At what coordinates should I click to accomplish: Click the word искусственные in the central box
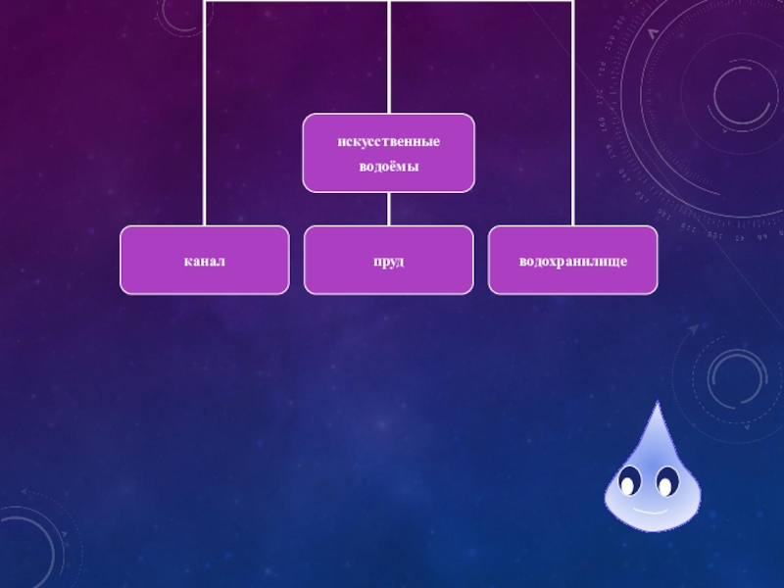pyautogui.click(x=388, y=142)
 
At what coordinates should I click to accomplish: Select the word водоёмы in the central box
pyautogui.click(x=388, y=167)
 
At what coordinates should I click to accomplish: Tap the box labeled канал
pyautogui.click(x=204, y=261)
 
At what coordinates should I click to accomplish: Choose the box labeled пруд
pyautogui.click(x=388, y=261)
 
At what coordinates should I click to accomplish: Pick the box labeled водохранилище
pyautogui.click(x=572, y=261)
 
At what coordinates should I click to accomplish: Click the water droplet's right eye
pyautogui.click(x=667, y=482)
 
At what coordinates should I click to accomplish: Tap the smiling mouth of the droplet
pyautogui.click(x=648, y=510)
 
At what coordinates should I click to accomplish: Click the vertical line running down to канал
pyautogui.click(x=204, y=118)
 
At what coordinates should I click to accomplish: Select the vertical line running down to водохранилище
pyautogui.click(x=572, y=118)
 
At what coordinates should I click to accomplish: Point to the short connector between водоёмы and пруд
pyautogui.click(x=388, y=209)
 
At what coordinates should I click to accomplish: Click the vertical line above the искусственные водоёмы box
pyautogui.click(x=388, y=59)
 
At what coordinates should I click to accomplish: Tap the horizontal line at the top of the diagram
pyautogui.click(x=294, y=2)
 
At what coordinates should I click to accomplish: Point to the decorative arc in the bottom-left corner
pyautogui.click(x=29, y=544)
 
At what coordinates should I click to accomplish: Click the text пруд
pyautogui.click(x=388, y=262)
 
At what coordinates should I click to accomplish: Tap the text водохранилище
pyautogui.click(x=572, y=262)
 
